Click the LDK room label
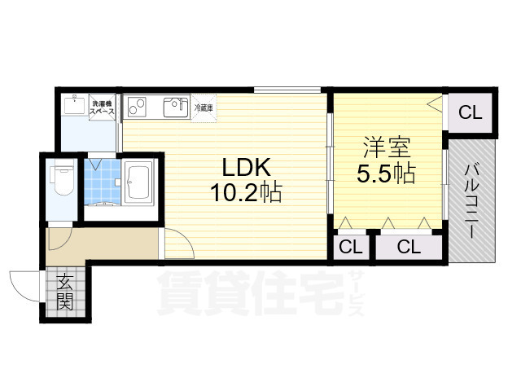pos(241,167)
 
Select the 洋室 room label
pos(387,149)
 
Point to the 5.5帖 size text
pos(387,174)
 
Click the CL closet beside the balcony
pos(469,113)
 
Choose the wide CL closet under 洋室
pos(409,247)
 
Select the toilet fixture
pos(61,175)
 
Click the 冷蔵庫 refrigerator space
pos(204,107)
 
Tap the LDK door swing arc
pos(177,244)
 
